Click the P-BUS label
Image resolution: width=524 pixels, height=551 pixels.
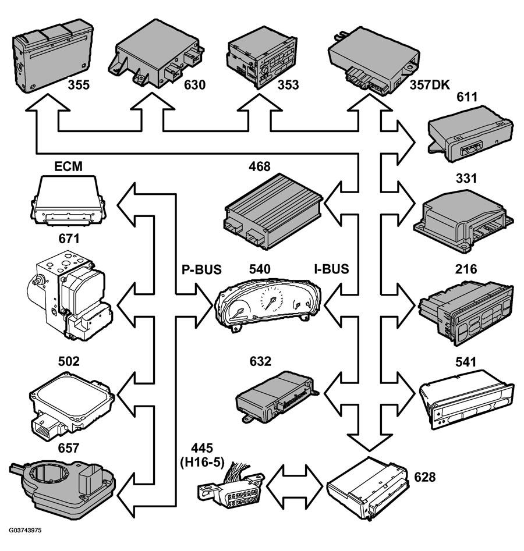[201, 269]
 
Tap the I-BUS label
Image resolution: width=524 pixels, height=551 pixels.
[331, 269]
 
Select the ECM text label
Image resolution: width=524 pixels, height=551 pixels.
[68, 166]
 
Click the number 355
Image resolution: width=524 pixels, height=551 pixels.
[79, 85]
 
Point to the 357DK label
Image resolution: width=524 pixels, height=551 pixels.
[430, 85]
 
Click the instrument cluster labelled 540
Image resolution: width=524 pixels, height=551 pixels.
[268, 305]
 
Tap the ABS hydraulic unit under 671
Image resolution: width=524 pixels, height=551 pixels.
[70, 295]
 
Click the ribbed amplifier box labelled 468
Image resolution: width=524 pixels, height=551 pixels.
[273, 211]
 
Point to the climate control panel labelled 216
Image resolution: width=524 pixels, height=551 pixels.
[466, 313]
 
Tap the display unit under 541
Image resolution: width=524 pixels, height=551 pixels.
[467, 400]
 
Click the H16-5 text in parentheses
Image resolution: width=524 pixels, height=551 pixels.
[202, 462]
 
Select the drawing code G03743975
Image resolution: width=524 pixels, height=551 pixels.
[25, 530]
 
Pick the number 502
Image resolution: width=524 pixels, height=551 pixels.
[69, 361]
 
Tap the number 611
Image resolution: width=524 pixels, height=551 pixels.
[467, 97]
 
